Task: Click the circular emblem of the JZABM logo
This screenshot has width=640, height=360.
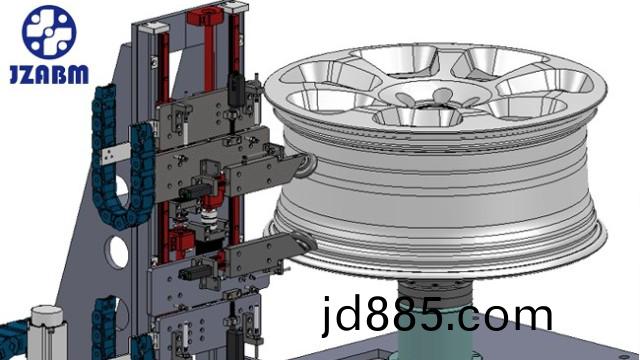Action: (49, 31)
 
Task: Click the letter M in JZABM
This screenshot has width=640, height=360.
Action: (78, 74)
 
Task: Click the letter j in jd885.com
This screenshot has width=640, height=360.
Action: (327, 316)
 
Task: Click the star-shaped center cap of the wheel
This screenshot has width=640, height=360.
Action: (433, 98)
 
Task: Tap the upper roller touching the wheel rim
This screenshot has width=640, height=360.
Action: (308, 165)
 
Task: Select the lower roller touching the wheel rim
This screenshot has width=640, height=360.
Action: (306, 244)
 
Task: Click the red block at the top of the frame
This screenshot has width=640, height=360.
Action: (205, 16)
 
